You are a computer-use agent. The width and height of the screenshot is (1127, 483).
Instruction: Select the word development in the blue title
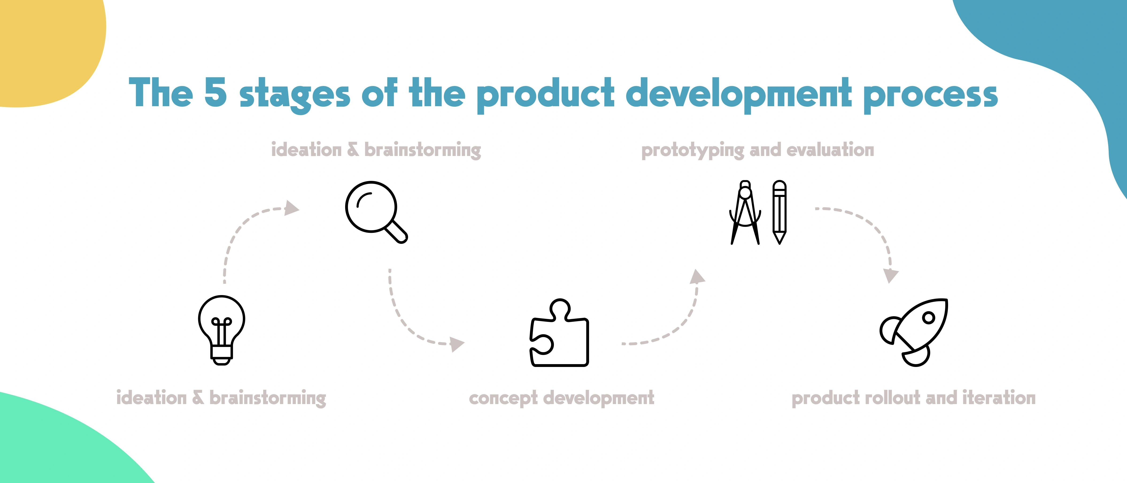click(738, 94)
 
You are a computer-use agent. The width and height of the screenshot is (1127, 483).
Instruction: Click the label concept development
click(561, 398)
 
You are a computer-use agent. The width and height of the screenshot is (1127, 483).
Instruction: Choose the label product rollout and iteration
click(914, 398)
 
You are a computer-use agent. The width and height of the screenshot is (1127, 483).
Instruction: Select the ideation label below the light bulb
click(221, 398)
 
